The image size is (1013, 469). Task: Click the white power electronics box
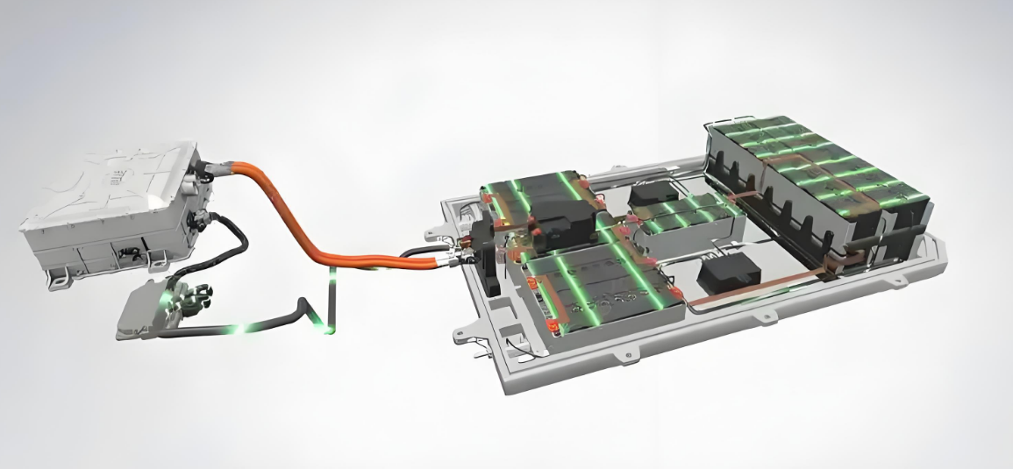[114, 210]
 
